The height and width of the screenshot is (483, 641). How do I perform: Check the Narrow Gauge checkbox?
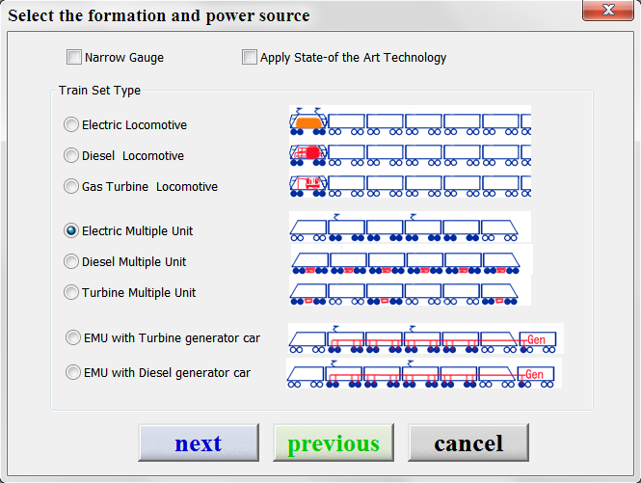(74, 57)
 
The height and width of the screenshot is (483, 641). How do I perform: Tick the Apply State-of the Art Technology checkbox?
(250, 57)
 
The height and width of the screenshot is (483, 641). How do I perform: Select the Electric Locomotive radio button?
(71, 124)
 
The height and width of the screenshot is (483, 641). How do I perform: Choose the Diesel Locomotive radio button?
(71, 155)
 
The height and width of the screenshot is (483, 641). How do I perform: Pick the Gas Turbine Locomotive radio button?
(71, 186)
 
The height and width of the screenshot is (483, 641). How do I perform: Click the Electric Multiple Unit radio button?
(71, 230)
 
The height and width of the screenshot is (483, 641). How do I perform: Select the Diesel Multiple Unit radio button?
(71, 261)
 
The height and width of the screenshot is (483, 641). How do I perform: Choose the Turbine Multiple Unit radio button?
(71, 292)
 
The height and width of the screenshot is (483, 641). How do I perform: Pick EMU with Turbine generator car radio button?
(73, 337)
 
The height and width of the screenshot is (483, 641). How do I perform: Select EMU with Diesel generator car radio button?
(73, 372)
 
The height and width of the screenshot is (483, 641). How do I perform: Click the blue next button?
(199, 443)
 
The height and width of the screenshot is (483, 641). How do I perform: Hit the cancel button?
(468, 443)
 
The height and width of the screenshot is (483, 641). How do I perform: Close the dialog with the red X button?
(608, 10)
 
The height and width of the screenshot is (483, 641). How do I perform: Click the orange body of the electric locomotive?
(308, 122)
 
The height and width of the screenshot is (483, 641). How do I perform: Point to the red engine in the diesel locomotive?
(312, 152)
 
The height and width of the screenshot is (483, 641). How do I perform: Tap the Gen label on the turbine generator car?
(536, 339)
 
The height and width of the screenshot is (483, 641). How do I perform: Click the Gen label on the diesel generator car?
(534, 374)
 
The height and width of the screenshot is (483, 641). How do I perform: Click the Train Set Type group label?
(99, 90)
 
